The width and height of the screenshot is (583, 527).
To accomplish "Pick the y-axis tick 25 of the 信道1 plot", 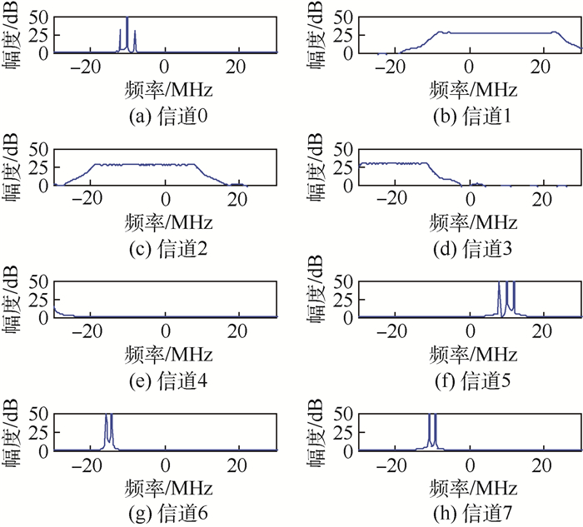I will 344,34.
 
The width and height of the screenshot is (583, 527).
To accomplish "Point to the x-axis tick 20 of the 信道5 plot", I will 542,332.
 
